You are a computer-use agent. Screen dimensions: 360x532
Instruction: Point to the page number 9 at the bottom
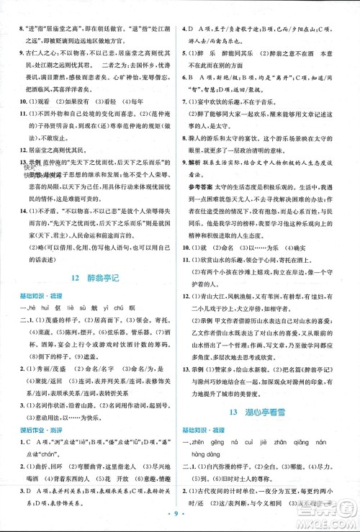tap(180, 517)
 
